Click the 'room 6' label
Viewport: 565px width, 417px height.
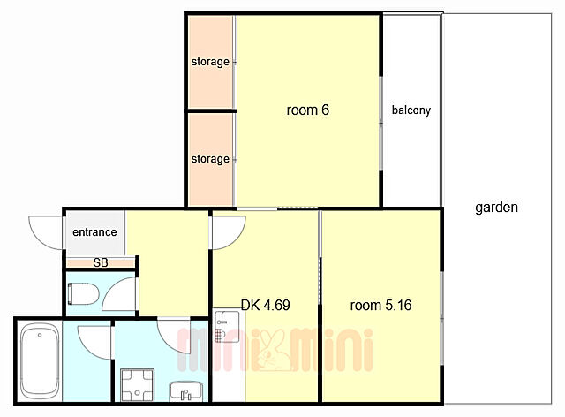pos(308,110)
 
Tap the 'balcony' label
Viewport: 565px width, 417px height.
pos(411,110)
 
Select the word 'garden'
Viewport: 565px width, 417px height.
pos(496,208)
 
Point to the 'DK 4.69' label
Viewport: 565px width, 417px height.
pos(265,305)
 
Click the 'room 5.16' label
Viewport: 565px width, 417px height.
pos(380,305)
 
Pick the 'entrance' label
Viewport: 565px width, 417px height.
pos(94,232)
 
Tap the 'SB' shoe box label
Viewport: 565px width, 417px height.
pos(101,262)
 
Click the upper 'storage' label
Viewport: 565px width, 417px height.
pos(210,62)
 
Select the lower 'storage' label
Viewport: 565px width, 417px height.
pos(210,159)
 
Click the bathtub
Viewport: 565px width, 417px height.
pos(40,361)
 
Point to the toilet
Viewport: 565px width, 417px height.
pos(83,293)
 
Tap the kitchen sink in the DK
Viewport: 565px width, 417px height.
pos(227,327)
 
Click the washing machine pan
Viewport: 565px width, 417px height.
pos(137,385)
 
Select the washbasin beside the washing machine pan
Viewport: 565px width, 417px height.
pos(186,391)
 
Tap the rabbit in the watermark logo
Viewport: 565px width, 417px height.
pos(272,352)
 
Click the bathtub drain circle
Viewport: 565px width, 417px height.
pos(40,335)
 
